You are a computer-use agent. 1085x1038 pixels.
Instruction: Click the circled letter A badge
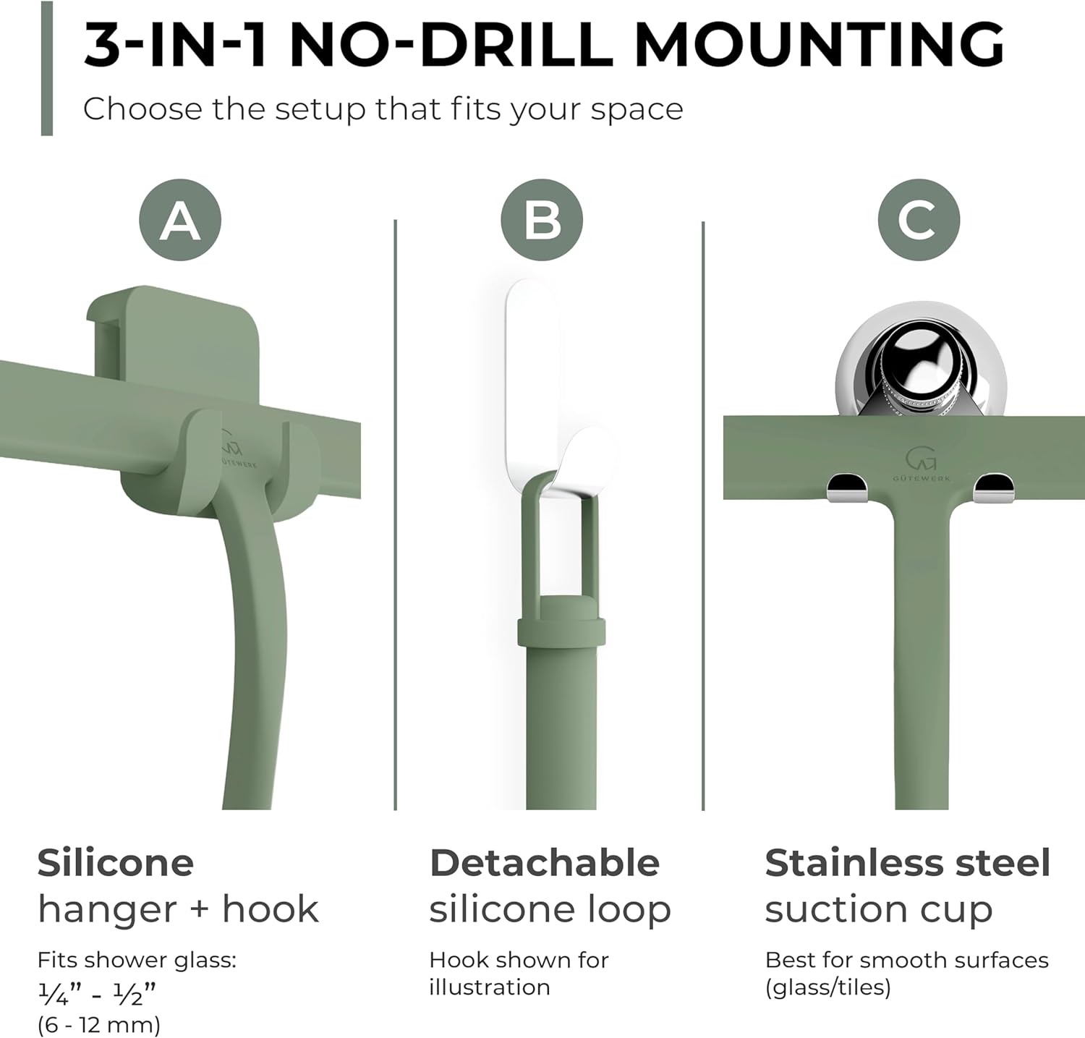pyautogui.click(x=179, y=220)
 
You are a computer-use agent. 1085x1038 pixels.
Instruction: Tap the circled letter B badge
pyautogui.click(x=542, y=220)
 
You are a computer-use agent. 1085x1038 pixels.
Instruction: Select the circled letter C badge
pyautogui.click(x=919, y=220)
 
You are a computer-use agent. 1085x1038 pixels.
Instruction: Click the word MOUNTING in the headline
pyautogui.click(x=820, y=45)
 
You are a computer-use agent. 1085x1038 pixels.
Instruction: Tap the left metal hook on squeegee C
pyautogui.click(x=848, y=488)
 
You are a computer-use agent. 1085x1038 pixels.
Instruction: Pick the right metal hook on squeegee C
pyautogui.click(x=993, y=488)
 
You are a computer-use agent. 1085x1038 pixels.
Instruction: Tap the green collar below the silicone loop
pyautogui.click(x=561, y=622)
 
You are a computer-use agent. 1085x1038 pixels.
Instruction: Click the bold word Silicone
pyautogui.click(x=116, y=862)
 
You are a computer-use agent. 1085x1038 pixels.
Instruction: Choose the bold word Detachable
pyautogui.click(x=544, y=862)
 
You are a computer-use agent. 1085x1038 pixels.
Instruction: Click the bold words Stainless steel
pyautogui.click(x=907, y=862)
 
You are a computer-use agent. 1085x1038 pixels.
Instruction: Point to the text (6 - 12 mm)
pyautogui.click(x=99, y=1024)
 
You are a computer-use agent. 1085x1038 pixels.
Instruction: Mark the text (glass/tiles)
pyautogui.click(x=827, y=987)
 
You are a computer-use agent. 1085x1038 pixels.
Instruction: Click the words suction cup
pyautogui.click(x=879, y=910)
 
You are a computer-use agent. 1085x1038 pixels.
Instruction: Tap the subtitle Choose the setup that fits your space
pyautogui.click(x=383, y=109)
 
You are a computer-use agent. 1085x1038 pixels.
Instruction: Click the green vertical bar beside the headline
pyautogui.click(x=47, y=68)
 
